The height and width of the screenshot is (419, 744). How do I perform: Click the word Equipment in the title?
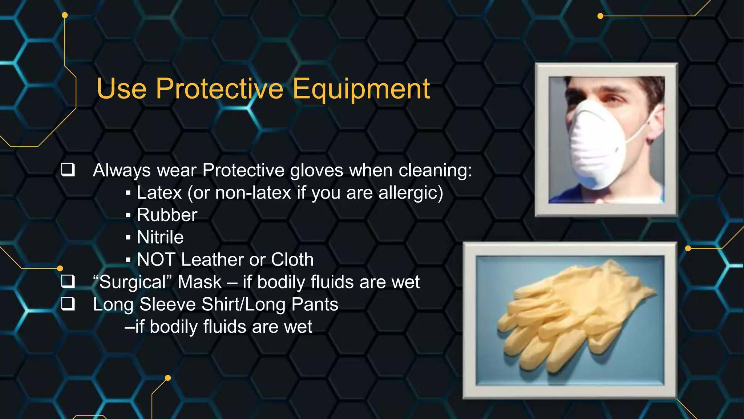pos(361,89)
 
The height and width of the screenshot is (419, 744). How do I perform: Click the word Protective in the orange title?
pos(219,89)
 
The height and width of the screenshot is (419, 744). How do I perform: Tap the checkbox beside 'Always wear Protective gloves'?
pos(68,169)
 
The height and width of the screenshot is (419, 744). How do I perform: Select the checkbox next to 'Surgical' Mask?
pos(68,281)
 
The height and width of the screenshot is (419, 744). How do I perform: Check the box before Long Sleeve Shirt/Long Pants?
pos(68,304)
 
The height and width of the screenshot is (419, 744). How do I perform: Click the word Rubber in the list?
pos(167,215)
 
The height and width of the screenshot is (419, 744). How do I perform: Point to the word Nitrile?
pos(160,237)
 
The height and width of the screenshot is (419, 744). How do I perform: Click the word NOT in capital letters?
pos(156,260)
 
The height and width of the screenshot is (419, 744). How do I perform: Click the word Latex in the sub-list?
pos(159,193)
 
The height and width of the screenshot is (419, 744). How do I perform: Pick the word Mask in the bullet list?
pos(199,282)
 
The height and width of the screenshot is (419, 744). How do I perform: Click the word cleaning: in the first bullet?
pos(436,170)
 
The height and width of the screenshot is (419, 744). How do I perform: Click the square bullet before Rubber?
pos(128,215)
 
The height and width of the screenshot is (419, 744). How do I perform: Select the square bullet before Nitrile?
pos(128,238)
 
